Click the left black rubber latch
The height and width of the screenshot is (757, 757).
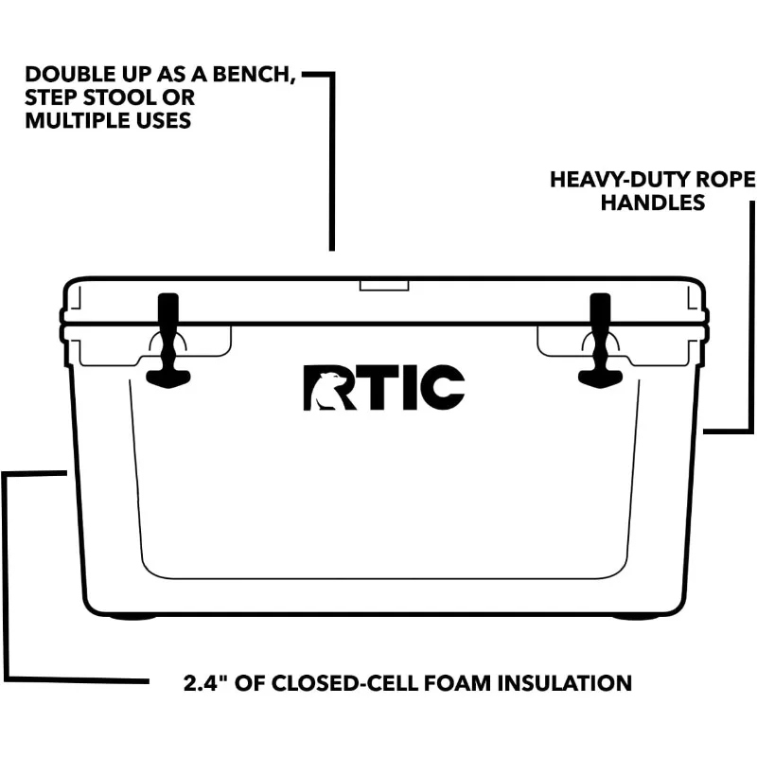pyautogui.click(x=167, y=341)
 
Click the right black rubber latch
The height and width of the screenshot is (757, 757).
pyautogui.click(x=600, y=341)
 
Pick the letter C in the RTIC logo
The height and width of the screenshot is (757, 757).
pyautogui.click(x=439, y=388)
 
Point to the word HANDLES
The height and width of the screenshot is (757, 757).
pyautogui.click(x=653, y=202)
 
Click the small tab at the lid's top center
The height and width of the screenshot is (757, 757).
pyautogui.click(x=383, y=284)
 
